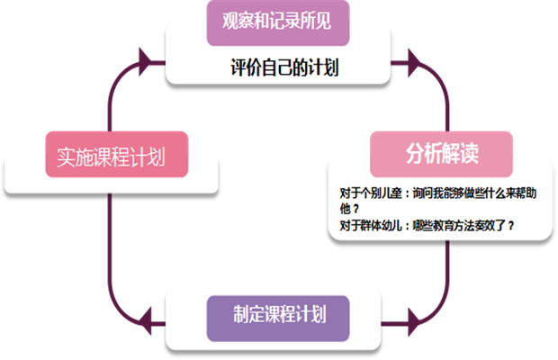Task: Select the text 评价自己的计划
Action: coord(283,67)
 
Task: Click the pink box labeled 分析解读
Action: coord(441,154)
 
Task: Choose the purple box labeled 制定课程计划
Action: coord(278,316)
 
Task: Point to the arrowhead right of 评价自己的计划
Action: coord(414,63)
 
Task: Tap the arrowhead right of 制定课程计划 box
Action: coord(414,319)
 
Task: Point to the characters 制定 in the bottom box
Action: coord(246,316)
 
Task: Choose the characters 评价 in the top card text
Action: coord(242,67)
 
